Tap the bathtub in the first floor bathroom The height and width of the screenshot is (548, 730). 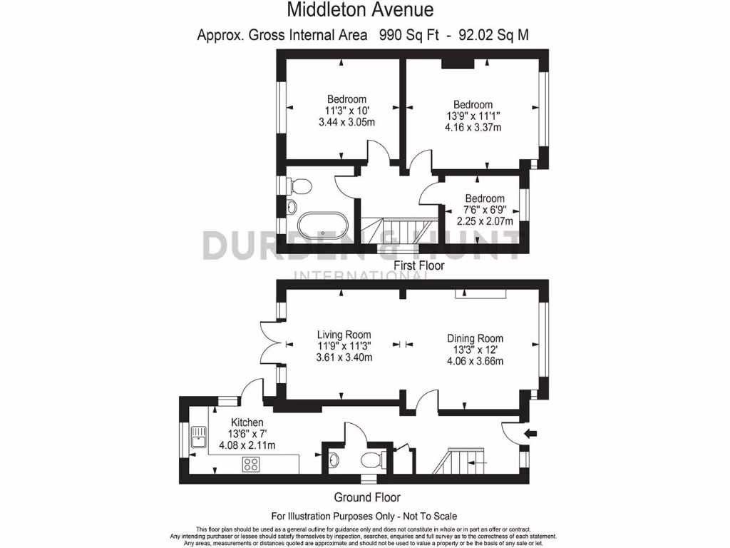323,226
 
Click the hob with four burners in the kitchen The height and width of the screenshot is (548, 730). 251,464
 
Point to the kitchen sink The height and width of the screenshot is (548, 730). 197,437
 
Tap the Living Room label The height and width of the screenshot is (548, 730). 344,334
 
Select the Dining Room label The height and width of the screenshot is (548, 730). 475,338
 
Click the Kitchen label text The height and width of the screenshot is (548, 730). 247,423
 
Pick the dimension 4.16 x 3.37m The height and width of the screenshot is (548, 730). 473,128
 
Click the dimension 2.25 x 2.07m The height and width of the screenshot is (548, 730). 485,221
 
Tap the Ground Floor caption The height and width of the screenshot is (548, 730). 367,497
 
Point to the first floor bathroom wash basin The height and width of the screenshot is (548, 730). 291,208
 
